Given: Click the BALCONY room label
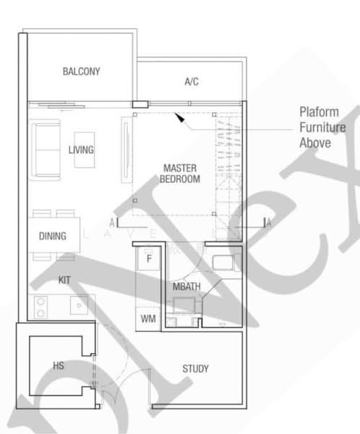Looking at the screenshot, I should (x=81, y=72).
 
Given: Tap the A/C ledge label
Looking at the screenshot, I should (x=192, y=82).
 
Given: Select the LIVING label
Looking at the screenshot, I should (x=81, y=150).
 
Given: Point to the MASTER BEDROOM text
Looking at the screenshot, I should (x=180, y=173).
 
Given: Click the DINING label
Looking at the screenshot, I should (x=53, y=236).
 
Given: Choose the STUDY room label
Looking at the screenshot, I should (x=195, y=369).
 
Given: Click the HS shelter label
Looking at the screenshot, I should (x=59, y=366).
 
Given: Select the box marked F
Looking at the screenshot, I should (x=148, y=258).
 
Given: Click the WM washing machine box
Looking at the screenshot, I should (x=147, y=318).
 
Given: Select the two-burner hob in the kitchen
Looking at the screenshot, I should (x=40, y=307).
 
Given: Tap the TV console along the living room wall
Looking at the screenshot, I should (x=127, y=151).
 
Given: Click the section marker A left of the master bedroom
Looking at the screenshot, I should (x=113, y=223).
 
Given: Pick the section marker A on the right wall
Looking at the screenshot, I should (x=267, y=223).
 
